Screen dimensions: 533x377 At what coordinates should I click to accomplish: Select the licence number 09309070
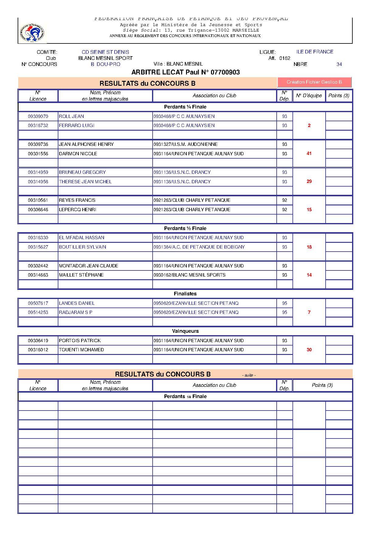coord(38,116)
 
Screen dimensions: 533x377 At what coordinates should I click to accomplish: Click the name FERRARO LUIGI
coord(77,126)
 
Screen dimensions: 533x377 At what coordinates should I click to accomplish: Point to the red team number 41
coord(309,153)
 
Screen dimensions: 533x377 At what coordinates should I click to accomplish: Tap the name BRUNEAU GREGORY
coord(82,172)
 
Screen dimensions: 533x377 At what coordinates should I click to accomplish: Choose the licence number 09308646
coord(38,210)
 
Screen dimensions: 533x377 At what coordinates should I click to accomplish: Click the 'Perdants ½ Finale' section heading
coord(185,229)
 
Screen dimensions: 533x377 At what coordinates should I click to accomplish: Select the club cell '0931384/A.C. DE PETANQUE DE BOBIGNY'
coord(199,247)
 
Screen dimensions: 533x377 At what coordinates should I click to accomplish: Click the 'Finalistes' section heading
coord(185,294)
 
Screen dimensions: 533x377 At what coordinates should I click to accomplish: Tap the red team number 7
coord(309,312)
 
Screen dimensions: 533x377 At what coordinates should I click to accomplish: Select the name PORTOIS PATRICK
coord(80,341)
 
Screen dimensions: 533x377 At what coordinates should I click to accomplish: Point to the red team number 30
coord(309,350)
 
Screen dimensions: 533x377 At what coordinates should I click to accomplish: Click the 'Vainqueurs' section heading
coord(185,331)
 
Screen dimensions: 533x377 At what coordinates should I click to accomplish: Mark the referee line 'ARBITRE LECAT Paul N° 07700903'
coord(185,72)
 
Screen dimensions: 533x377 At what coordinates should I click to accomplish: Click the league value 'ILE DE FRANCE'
coord(315,52)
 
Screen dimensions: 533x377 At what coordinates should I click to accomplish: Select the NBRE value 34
coord(339,64)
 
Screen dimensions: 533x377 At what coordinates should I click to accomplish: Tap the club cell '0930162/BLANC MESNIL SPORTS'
coord(189,275)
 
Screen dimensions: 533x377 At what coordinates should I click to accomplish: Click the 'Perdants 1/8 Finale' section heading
coord(185,397)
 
